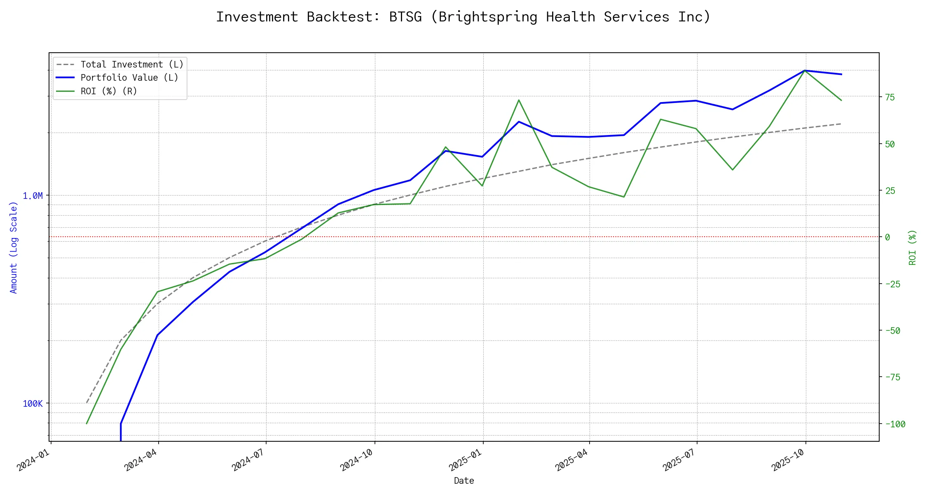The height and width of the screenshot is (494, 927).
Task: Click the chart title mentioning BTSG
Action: (463, 17)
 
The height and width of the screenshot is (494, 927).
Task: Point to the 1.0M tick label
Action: (33, 196)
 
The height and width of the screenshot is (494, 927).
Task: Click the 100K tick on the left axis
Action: (33, 404)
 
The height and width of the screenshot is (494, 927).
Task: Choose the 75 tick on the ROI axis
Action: (890, 97)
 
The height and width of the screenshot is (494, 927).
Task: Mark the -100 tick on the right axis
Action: (895, 424)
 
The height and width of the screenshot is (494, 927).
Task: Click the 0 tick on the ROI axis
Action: (887, 237)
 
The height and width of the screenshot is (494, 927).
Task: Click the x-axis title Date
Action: (464, 481)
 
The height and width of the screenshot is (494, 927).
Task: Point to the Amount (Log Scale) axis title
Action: (14, 247)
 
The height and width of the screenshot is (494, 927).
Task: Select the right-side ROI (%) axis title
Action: (912, 247)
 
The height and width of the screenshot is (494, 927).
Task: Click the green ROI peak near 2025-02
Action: (519, 100)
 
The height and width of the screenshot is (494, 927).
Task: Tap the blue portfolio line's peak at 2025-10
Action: (805, 70)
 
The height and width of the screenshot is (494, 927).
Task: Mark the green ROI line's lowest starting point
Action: (87, 424)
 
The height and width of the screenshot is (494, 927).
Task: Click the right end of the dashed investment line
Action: (841, 123)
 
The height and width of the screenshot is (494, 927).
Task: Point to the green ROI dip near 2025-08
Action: (732, 170)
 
